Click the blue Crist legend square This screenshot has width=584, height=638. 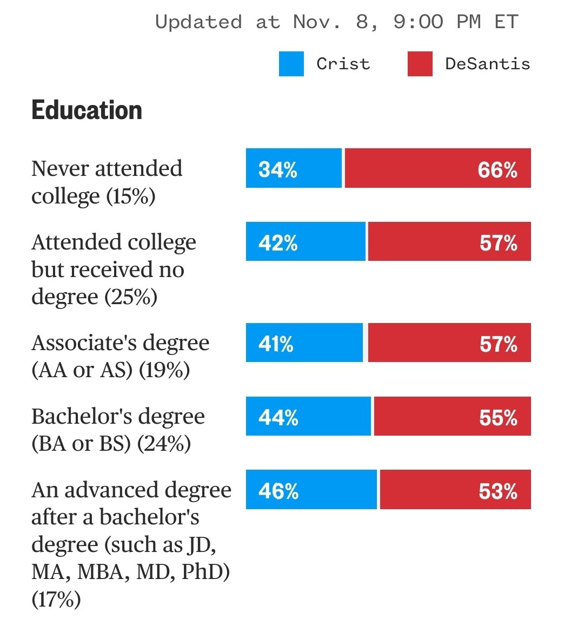point(291,64)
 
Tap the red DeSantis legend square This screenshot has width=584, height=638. point(420,64)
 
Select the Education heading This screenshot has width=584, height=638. point(87,110)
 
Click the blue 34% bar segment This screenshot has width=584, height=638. point(294,168)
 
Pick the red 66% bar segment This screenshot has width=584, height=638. point(438,168)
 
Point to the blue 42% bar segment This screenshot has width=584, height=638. point(306,241)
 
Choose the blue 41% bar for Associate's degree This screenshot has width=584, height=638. point(304,343)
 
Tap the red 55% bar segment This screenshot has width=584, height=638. point(453,416)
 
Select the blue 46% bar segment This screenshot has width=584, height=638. point(311,490)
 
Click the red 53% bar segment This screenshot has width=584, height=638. point(455,490)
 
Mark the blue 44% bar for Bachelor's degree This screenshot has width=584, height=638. point(308,416)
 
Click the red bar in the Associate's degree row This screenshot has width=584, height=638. point(450,343)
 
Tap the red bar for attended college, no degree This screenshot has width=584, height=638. point(450,241)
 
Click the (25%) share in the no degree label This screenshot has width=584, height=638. point(130,297)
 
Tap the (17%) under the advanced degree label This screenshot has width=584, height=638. point(56,600)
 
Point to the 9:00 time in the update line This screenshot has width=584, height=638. point(418,22)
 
